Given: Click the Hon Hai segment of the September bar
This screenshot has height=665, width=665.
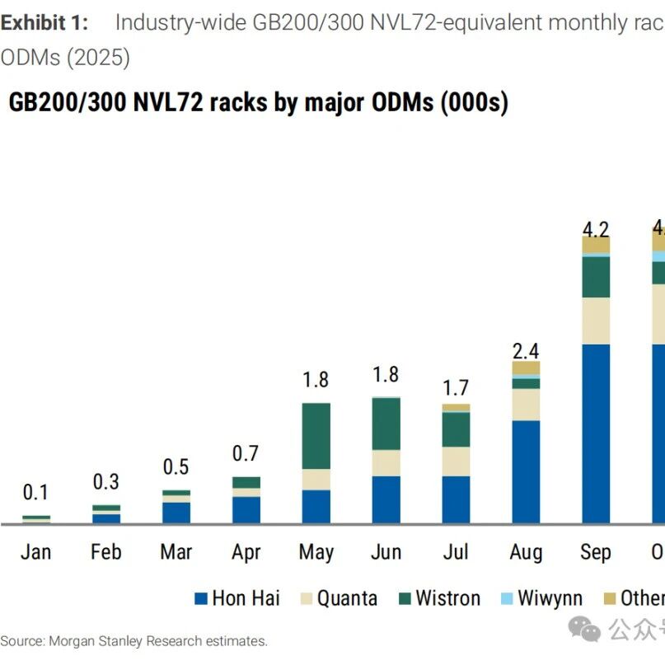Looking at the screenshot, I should point(596,433).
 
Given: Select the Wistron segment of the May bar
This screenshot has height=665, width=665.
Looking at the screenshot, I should point(316,436).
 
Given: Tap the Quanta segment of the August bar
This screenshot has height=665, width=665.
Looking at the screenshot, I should point(526,405).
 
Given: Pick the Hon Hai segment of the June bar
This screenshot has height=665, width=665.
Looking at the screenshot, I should point(386,499).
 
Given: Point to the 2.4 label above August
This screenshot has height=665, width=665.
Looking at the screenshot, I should point(526,350).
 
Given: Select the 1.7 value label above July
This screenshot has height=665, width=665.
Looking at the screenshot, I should point(456,386).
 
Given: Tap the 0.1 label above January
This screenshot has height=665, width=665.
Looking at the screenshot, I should point(35,493).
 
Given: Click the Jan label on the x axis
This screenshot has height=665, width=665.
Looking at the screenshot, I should point(35,551).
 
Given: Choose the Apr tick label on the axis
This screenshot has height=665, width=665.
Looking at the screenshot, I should point(246,551).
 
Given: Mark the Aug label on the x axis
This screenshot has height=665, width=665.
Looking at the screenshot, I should point(526,551).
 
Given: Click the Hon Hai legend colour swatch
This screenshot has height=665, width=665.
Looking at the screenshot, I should point(200,599).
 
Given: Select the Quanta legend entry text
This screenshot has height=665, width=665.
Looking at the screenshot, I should point(347,598).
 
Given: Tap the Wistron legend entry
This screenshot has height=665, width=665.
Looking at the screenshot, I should point(447,598).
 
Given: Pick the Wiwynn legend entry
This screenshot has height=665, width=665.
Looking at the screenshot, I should point(550,598).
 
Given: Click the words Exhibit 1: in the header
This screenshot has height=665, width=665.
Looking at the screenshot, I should point(44,22).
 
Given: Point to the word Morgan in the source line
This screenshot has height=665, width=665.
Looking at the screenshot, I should point(73,640).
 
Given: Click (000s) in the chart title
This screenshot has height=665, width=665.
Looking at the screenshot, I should point(474,102).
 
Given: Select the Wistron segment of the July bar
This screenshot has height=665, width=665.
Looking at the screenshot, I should point(456,429).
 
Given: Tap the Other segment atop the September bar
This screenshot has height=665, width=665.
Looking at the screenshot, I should point(596,245).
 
